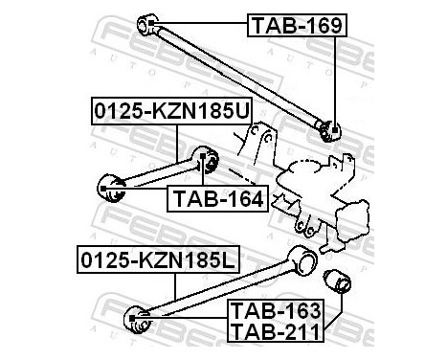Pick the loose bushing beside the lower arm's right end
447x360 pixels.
coord(341,284)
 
